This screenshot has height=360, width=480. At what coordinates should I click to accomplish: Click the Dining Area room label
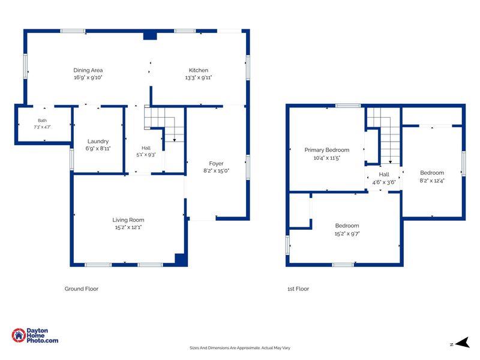pos(88,70)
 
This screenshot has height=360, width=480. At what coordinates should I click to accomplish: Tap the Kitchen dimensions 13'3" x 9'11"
pos(199,78)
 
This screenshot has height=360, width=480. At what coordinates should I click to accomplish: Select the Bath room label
pos(42,121)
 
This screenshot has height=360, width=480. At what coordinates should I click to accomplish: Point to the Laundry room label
pos(98,142)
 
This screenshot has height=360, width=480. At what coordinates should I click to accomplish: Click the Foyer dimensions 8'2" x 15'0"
pos(216,171)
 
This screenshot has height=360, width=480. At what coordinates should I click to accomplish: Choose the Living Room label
pos(128,220)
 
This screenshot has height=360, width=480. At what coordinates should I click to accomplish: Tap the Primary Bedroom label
pos(327,150)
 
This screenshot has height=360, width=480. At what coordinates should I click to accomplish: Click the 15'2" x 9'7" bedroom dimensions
pos(347,234)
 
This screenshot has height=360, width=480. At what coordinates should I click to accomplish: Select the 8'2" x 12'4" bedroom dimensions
pos(432,181)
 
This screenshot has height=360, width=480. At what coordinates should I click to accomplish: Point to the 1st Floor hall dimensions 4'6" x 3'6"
pos(384,182)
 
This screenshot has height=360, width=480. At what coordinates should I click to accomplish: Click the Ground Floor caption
pos(82,289)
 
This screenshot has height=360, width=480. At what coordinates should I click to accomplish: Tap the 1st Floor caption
pos(298,289)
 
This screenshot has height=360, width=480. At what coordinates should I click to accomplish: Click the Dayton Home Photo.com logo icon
pos(19,335)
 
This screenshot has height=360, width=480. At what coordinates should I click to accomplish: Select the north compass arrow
pos(463,343)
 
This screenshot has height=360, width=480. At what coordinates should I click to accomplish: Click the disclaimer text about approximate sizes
pos(239,348)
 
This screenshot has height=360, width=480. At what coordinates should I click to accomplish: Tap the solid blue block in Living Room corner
pos(181,259)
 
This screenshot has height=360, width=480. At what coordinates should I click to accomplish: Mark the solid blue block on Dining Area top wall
pos(151,36)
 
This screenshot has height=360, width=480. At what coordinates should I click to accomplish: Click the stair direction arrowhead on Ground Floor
pos(175,140)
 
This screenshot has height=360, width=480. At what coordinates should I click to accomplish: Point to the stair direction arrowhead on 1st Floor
pos(391,161)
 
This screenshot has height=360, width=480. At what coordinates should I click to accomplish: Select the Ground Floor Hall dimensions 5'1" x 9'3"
pos(146,155)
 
